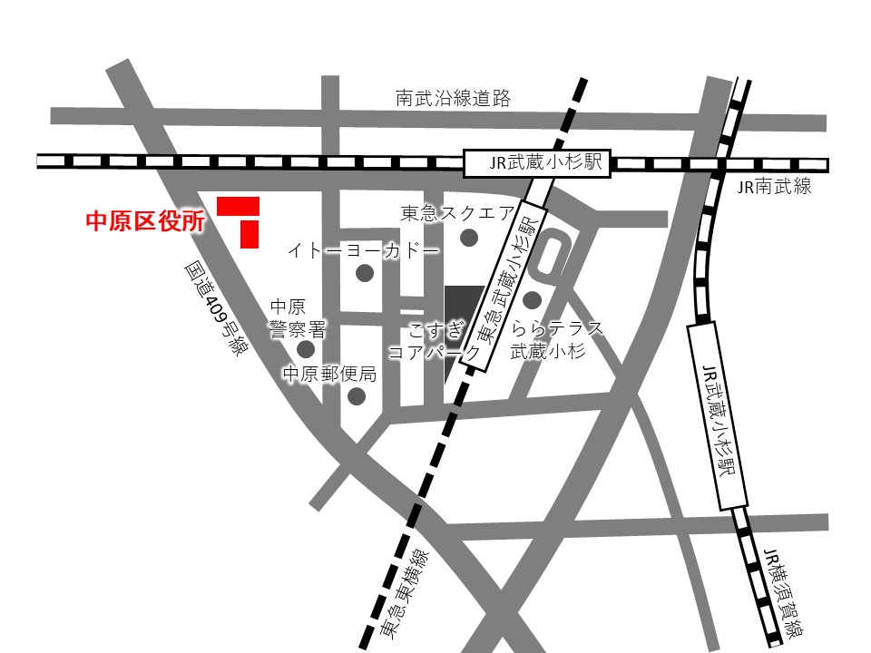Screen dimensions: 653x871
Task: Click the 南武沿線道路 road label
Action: tap(453, 98)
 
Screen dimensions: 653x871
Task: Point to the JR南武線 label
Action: tap(774, 188)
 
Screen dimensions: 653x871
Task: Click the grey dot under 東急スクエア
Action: tap(469, 238)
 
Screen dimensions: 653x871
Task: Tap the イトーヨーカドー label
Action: tap(364, 249)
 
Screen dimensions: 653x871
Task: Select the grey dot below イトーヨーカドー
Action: tap(365, 273)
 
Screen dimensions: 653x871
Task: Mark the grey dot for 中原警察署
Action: tap(307, 349)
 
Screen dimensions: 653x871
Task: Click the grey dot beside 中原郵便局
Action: tap(357, 396)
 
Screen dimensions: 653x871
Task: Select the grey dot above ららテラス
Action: tap(533, 299)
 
